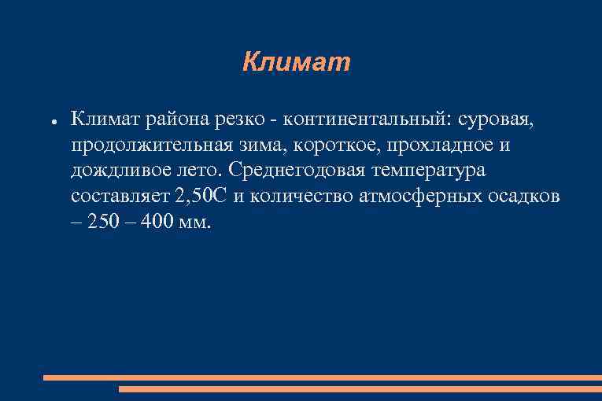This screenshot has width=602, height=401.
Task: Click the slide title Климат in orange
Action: click(x=296, y=62)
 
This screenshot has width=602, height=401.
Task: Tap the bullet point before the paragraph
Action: click(x=49, y=122)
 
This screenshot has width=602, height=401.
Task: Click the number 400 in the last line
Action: click(x=159, y=222)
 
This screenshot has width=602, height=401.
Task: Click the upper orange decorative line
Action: click(x=322, y=377)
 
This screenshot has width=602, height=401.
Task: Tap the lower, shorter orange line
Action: click(x=360, y=388)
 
